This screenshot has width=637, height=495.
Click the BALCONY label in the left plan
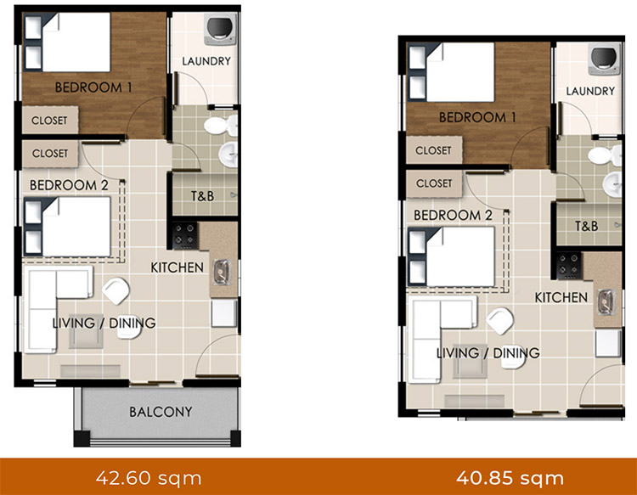click(x=161, y=412)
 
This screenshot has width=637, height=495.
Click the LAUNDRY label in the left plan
click(x=206, y=61)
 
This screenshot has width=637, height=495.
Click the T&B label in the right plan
click(x=586, y=226)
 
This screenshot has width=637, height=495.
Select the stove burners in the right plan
click(x=568, y=262)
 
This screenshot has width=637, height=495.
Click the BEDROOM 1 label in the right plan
click(x=478, y=117)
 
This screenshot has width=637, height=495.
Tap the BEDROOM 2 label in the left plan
click(x=67, y=184)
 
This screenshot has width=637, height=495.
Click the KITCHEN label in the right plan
click(x=561, y=297)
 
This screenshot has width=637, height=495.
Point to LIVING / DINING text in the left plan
click(x=104, y=323)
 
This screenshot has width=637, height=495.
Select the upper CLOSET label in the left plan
click(x=49, y=121)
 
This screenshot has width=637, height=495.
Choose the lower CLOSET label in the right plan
click(x=434, y=183)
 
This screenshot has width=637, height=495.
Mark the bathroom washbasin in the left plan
click(x=228, y=155)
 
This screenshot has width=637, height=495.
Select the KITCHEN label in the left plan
click(x=177, y=267)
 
